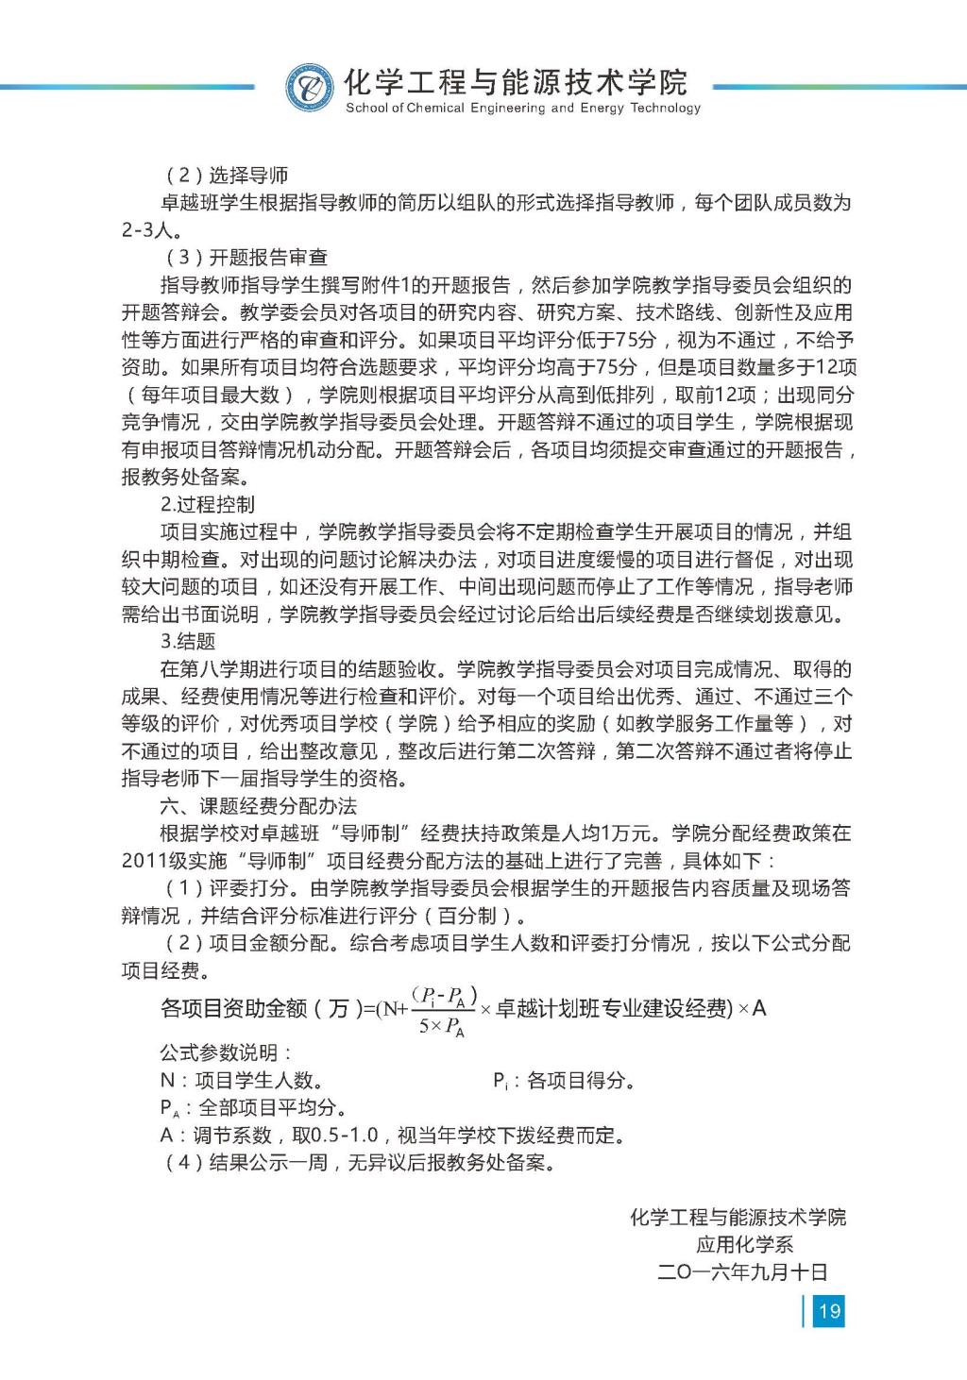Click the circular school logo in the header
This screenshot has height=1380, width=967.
point(310,88)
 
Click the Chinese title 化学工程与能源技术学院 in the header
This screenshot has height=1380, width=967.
point(516,82)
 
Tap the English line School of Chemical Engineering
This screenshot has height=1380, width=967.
point(523,109)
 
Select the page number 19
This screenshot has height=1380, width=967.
point(829,1310)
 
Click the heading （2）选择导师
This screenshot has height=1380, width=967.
point(227,176)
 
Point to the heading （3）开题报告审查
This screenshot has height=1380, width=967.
point(246,258)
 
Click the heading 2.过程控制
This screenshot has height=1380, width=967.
point(207,504)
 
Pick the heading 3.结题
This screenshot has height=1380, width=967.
point(188,642)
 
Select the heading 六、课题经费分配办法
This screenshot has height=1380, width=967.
point(258,806)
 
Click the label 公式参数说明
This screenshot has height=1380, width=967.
point(226,1052)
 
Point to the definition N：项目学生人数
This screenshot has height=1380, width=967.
point(242,1081)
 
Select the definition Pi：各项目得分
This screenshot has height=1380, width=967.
point(564,1081)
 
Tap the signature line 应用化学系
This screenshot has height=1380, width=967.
point(744,1245)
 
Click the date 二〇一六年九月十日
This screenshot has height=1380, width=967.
point(742,1272)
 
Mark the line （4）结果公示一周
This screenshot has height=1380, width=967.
point(359,1163)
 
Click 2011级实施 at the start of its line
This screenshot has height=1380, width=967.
point(175,861)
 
